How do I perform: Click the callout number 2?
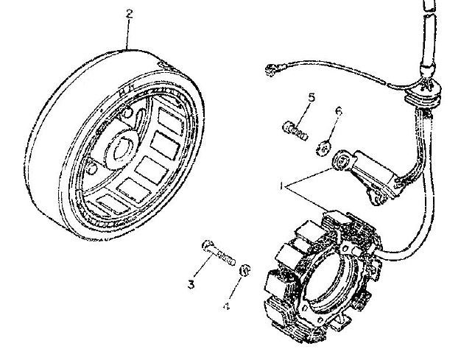129,14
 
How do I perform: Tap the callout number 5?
312,98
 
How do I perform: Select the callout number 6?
339,111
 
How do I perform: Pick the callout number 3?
191,284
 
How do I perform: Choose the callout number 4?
226,306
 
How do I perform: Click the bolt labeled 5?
295,131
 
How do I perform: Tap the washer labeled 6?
323,149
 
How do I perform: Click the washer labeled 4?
244,269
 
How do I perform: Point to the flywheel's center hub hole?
122,149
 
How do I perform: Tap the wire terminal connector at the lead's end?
272,70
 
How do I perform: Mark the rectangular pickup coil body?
378,173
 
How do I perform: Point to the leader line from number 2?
127,34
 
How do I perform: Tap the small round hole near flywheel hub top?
127,113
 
